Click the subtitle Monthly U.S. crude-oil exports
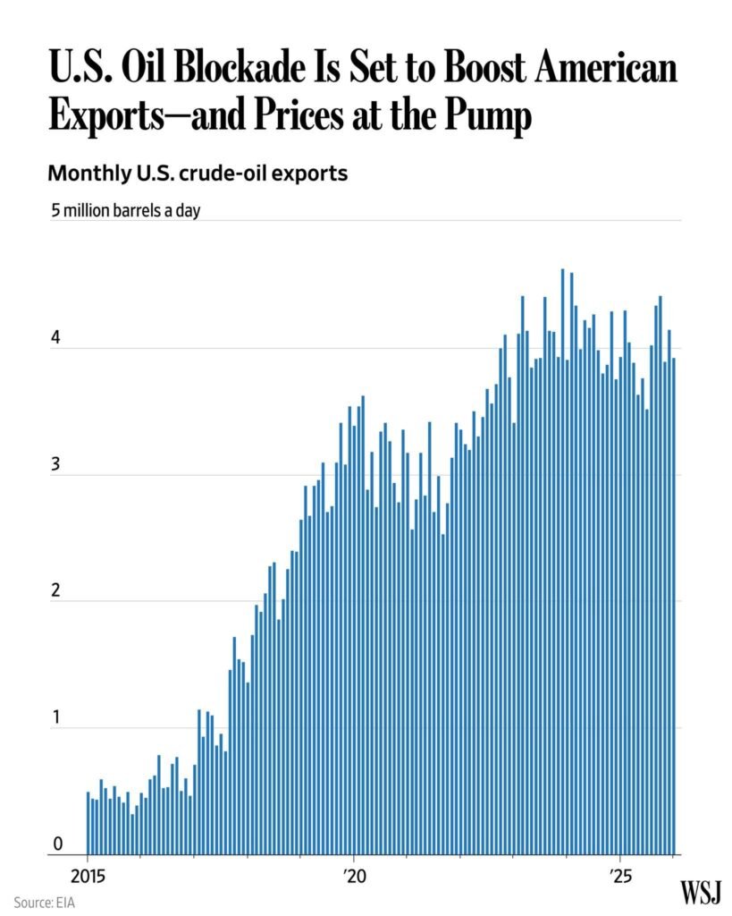(197, 174)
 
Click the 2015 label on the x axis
(88, 874)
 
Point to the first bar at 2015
(88, 823)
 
